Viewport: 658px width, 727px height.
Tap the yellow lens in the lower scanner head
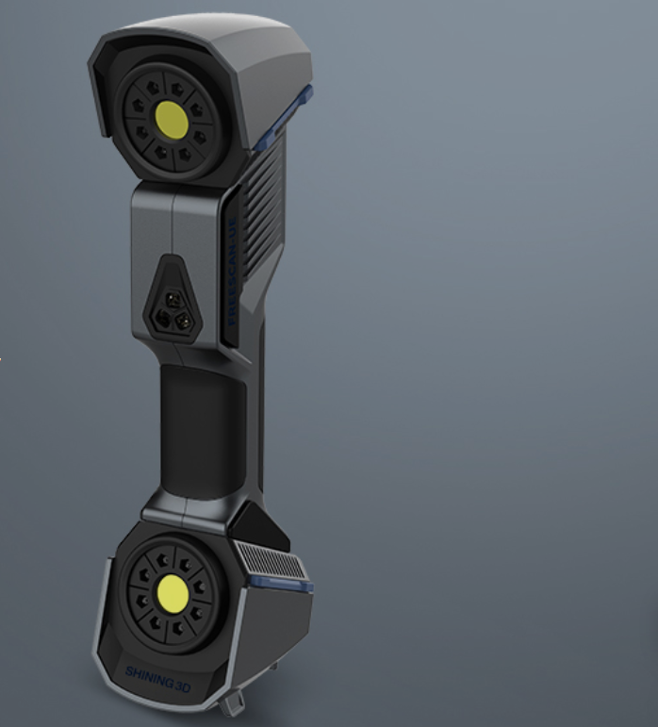[x=173, y=593]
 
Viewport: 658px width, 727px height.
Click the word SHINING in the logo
[x=149, y=672]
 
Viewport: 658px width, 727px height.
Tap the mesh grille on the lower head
[x=270, y=562]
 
